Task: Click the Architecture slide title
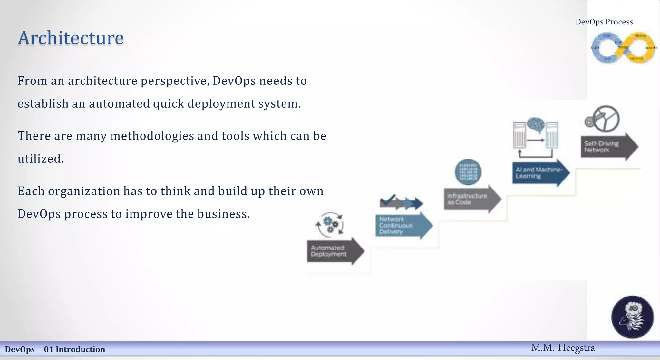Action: [71, 38]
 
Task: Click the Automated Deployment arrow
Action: [334, 251]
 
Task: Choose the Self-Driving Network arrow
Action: [607, 147]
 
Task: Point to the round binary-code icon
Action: [468, 172]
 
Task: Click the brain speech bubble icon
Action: [536, 125]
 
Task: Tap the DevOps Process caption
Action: [604, 22]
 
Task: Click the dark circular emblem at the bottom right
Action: [632, 317]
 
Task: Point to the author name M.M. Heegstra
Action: [563, 348]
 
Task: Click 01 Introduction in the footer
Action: [74, 349]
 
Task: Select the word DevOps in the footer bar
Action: [20, 349]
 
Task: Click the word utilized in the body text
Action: [40, 159]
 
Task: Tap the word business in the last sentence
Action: [222, 214]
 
